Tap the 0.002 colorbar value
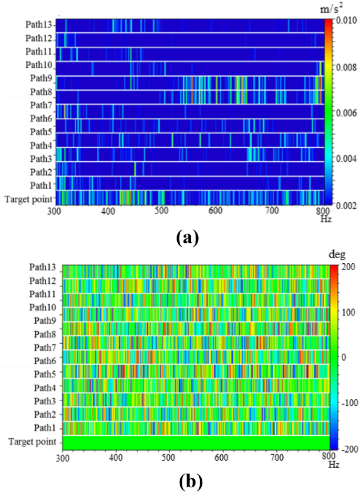coord(346,204)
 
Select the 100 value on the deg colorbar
coord(345,312)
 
